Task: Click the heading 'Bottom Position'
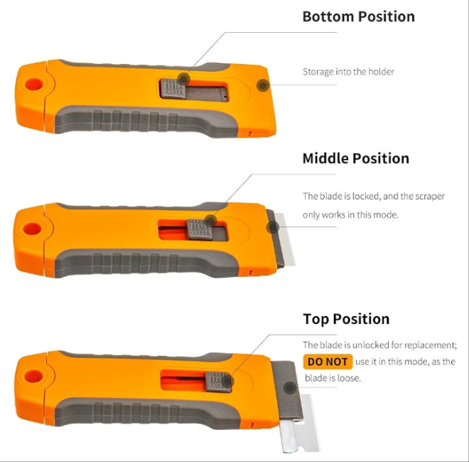point(359,17)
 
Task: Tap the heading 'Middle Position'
point(355,159)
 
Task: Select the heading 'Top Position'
point(346,319)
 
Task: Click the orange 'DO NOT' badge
point(328,362)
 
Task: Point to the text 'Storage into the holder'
point(348,72)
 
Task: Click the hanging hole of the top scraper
point(33,85)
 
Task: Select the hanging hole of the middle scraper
point(32,229)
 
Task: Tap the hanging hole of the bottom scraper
point(33,377)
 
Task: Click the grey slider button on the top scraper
point(173,88)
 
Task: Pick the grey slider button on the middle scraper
point(200,229)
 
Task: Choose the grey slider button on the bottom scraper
point(218,382)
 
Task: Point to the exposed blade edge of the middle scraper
point(286,239)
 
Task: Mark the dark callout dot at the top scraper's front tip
point(263,85)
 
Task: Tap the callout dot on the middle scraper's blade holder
point(272,227)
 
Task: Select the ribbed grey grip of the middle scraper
point(146,263)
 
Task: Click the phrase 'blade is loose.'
point(333,378)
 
